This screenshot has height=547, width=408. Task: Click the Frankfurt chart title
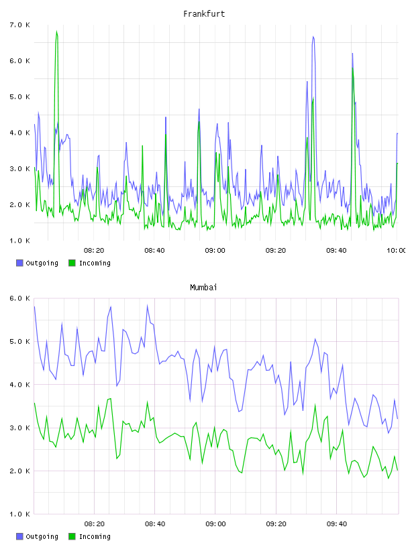204,13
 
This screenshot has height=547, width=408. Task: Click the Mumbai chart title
203,287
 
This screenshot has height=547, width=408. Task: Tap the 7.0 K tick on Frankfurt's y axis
20,25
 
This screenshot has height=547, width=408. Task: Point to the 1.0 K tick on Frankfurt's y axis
20,241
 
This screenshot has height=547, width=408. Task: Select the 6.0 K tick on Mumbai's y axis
20,298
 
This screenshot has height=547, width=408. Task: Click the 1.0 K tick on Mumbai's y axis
20,514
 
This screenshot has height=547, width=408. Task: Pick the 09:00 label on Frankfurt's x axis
215,251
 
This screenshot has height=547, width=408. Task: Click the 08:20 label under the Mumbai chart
95,524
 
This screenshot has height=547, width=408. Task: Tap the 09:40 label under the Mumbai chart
337,524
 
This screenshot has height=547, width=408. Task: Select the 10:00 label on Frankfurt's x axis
397,251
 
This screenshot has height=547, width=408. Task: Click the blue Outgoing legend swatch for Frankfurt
19,263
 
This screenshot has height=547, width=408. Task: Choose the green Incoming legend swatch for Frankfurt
72,263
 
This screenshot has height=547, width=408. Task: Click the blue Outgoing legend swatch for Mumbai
19,536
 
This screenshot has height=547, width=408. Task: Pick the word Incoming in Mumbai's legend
95,536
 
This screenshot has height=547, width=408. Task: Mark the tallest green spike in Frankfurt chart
56,32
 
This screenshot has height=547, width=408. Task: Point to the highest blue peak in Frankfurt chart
313,37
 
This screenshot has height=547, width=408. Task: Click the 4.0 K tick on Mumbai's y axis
20,384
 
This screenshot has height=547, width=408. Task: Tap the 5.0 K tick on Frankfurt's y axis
20,97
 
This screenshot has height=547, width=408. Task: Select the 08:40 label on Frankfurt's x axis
154,251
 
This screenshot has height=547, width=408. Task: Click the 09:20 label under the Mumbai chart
276,524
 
